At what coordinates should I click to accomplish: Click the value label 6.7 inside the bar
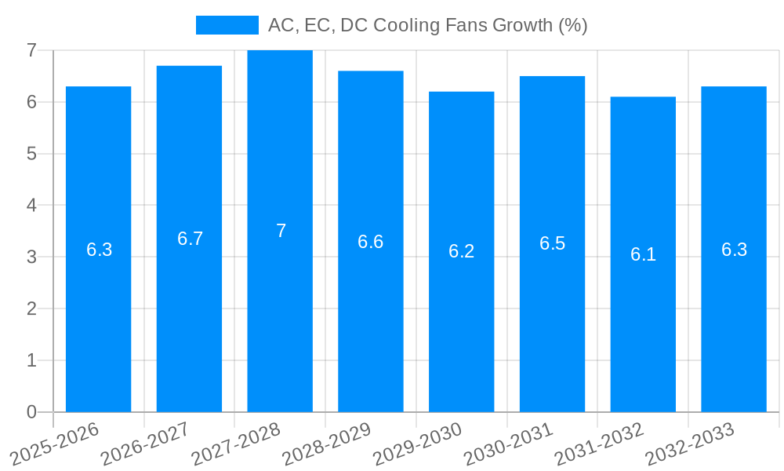(x=190, y=239)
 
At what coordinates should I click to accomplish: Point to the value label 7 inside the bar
(x=281, y=231)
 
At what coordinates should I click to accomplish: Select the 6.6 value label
(x=371, y=242)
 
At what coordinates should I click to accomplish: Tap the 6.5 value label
(x=552, y=243)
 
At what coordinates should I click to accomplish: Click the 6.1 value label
(x=643, y=254)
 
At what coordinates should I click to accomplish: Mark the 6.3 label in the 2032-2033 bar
(x=734, y=250)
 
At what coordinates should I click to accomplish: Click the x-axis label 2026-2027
(x=145, y=444)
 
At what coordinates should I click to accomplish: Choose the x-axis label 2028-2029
(x=326, y=444)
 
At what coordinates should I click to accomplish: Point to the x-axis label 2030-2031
(x=508, y=444)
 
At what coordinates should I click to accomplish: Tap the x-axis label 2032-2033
(x=689, y=444)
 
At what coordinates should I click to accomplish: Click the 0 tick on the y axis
(x=31, y=412)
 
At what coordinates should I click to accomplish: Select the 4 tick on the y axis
(x=31, y=206)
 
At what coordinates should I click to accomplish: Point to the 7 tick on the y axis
(x=31, y=50)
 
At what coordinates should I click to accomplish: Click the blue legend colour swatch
(x=227, y=25)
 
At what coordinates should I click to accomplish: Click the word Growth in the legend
(x=523, y=25)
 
